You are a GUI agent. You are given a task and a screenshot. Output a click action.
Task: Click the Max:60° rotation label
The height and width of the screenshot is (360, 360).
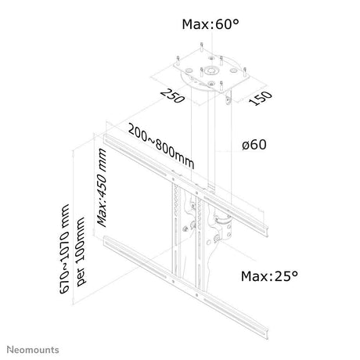(x=211, y=24)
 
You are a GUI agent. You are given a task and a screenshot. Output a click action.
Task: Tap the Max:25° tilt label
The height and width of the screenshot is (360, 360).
(x=269, y=276)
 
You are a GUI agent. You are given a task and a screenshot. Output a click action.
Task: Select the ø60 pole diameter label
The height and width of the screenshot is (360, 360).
(x=254, y=145)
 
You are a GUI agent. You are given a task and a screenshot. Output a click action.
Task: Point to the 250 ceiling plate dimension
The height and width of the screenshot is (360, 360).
(x=173, y=96)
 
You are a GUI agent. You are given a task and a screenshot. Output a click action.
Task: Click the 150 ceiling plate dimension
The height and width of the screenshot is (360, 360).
(x=260, y=98)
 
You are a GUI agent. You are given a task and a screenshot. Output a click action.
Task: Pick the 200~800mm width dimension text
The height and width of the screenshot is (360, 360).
(x=161, y=147)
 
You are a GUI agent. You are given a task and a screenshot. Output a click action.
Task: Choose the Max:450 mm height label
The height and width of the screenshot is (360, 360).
(x=102, y=188)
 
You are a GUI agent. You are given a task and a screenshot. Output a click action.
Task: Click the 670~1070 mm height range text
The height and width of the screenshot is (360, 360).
(x=64, y=249)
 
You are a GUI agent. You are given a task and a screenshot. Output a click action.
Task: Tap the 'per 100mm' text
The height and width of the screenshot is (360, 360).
(x=81, y=252)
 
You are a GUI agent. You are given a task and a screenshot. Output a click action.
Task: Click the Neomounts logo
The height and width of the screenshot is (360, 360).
(x=33, y=350)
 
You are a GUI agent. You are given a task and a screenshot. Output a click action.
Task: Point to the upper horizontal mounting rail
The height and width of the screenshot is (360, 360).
(x=185, y=185)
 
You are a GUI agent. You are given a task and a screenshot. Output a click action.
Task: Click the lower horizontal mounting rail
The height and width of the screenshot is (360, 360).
(x=185, y=287)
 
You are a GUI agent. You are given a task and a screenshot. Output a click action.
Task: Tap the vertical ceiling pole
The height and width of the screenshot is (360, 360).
(x=211, y=141)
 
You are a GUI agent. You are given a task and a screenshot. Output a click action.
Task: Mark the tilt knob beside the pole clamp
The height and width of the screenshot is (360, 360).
(x=217, y=238)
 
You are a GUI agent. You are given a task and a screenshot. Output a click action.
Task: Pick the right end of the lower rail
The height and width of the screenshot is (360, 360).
(x=267, y=333)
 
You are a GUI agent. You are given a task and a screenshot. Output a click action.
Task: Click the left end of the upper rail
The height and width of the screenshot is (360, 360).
(x=105, y=139)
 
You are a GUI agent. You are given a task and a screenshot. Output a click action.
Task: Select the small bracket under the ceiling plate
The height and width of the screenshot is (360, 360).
(x=229, y=98)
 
